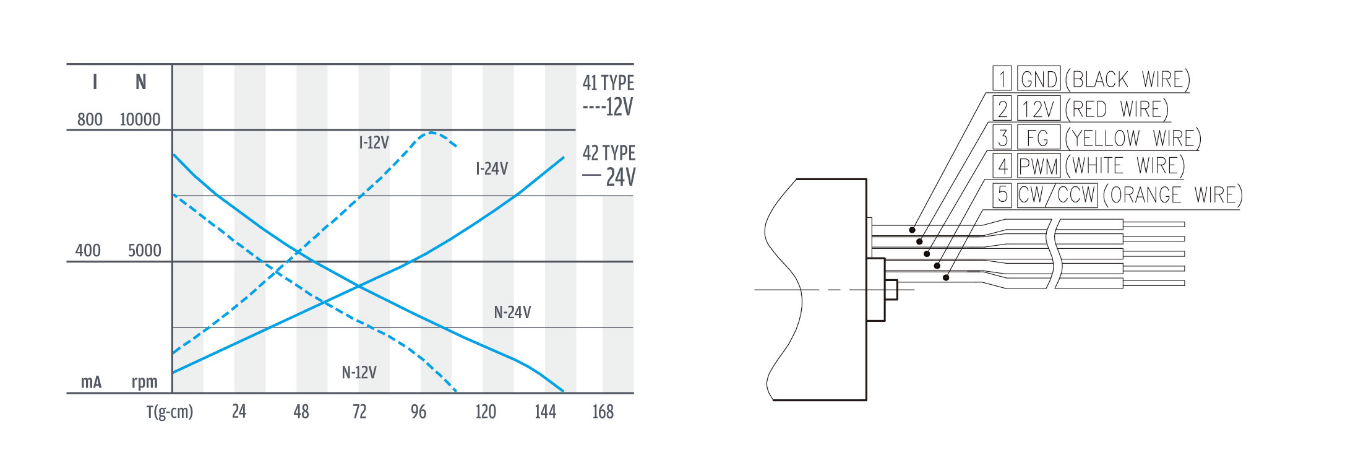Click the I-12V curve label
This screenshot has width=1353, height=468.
(374, 142)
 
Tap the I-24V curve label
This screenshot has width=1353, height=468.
(492, 168)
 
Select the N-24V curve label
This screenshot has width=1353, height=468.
(512, 312)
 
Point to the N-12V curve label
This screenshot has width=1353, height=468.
(359, 373)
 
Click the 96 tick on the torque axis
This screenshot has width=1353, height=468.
(418, 412)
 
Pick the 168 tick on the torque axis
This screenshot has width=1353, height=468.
(603, 412)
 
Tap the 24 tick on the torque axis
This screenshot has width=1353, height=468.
(239, 412)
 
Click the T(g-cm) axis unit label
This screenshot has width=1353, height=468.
(170, 412)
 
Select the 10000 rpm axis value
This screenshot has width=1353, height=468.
(140, 119)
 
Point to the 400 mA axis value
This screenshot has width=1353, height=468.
(88, 251)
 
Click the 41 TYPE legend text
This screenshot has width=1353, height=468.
(608, 82)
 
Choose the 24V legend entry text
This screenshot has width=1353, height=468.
(621, 177)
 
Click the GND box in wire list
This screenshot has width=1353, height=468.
(1039, 79)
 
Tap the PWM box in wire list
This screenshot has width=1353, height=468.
(1039, 166)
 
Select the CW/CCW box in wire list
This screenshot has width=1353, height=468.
(1057, 195)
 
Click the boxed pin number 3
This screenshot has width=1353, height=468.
(1002, 137)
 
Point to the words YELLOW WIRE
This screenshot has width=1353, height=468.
(1133, 137)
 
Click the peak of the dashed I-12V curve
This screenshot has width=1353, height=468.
(431, 132)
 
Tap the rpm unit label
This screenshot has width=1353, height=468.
(144, 383)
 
